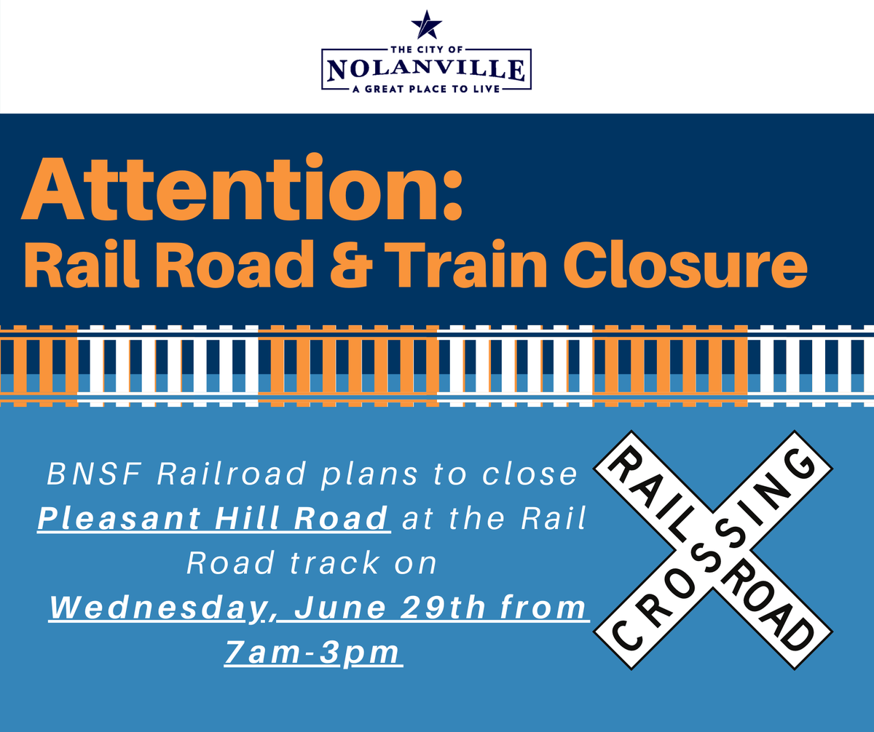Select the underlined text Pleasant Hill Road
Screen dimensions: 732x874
tap(213, 519)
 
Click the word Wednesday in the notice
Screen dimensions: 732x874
tap(157, 608)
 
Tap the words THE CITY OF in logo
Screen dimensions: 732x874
tap(427, 49)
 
